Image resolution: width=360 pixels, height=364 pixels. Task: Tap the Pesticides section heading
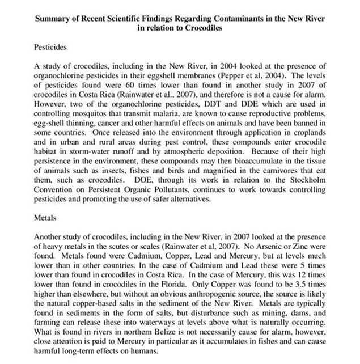tap(50, 48)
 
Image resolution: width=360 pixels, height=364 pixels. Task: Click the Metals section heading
tap(45, 217)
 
